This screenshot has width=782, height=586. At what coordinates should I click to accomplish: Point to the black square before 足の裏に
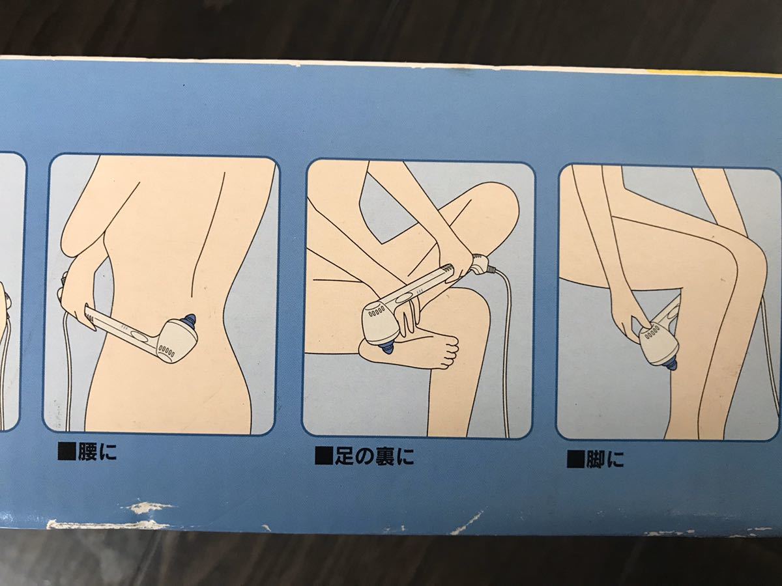click(x=323, y=455)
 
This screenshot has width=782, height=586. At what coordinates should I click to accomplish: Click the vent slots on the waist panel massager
click(x=166, y=350)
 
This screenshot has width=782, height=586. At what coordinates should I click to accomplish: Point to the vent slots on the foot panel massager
click(x=376, y=313)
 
